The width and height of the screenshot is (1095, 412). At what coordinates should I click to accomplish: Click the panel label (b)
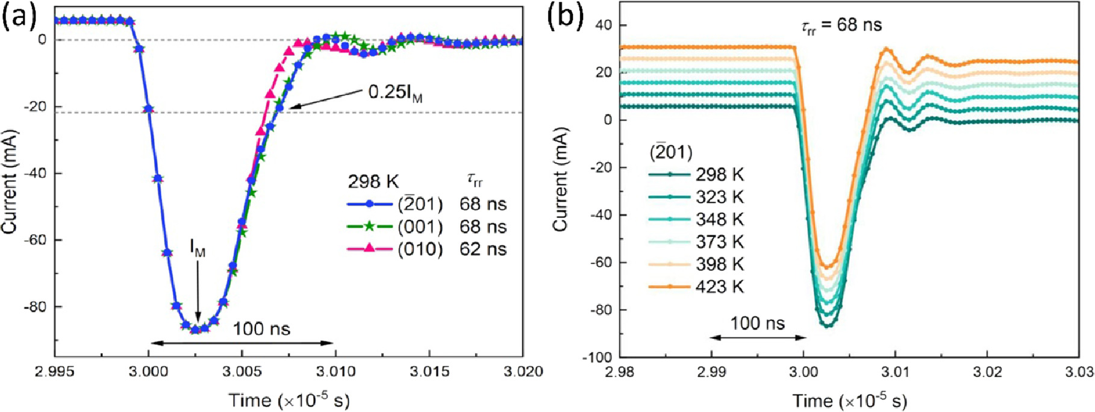coord(565,16)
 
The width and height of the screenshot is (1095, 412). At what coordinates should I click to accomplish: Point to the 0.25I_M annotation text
coord(395,94)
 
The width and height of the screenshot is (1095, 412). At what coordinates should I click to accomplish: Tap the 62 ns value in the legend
coord(483,249)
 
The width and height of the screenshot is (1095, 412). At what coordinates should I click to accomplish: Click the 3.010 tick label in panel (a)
coord(335,372)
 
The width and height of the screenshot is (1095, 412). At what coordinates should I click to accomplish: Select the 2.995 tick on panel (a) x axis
coord(55,372)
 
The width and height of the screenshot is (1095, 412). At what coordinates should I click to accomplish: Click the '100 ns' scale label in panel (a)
coord(261,329)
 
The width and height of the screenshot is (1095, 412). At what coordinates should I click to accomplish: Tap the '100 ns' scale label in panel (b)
coord(757,323)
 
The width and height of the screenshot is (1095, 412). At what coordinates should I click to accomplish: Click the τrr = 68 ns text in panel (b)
coord(841,25)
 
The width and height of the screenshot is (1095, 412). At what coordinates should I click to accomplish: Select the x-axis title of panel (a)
coord(289,400)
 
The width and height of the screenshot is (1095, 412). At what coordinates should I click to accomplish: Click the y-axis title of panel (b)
coord(561,179)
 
